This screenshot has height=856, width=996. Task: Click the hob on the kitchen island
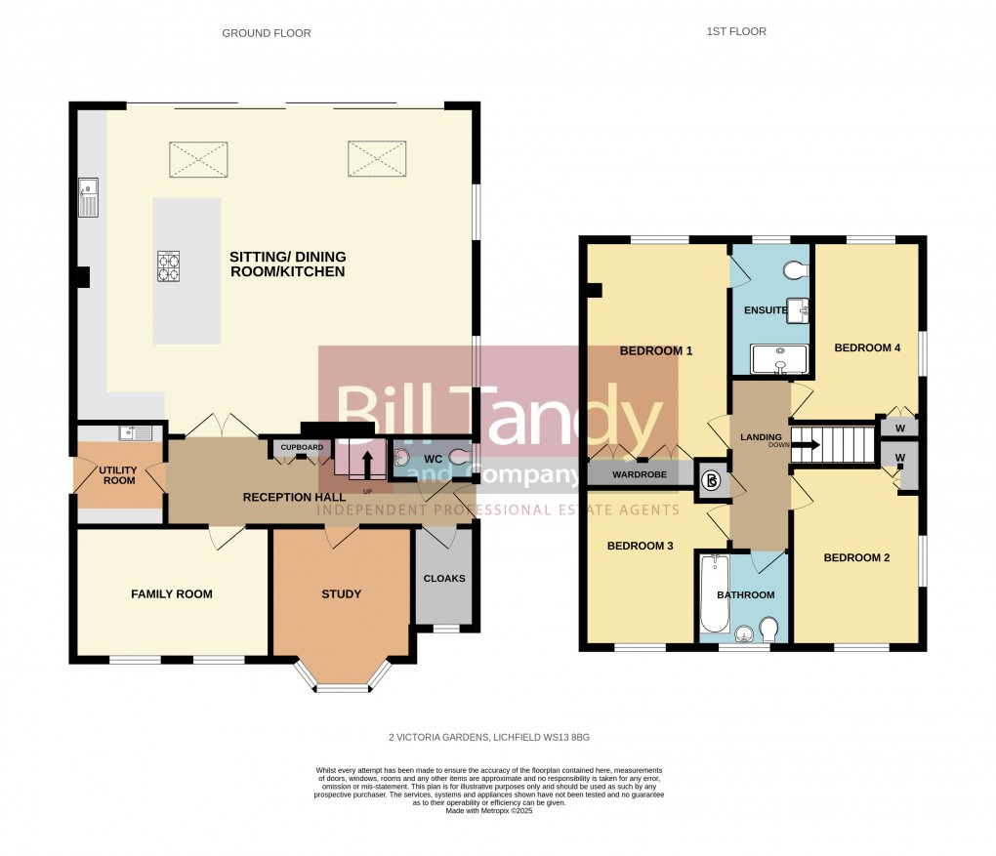coord(169,265)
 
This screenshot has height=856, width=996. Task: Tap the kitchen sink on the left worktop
coord(88,198)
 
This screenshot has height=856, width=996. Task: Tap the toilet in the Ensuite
coord(794,269)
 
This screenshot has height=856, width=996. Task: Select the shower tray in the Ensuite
coord(779,360)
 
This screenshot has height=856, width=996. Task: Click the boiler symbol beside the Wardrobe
coord(712,479)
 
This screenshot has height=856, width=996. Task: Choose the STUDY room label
coord(341,593)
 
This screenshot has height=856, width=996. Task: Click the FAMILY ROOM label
coord(172,593)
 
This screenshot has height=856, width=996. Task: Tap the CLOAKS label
coord(444,578)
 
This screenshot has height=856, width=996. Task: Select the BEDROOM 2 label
coord(856,558)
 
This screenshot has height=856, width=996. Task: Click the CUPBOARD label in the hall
coord(302,448)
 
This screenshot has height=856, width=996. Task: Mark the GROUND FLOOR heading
coord(266,33)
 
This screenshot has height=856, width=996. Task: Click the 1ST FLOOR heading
coord(736,31)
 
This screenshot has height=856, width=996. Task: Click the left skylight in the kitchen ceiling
coord(199,159)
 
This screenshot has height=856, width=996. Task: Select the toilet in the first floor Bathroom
coord(767,629)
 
